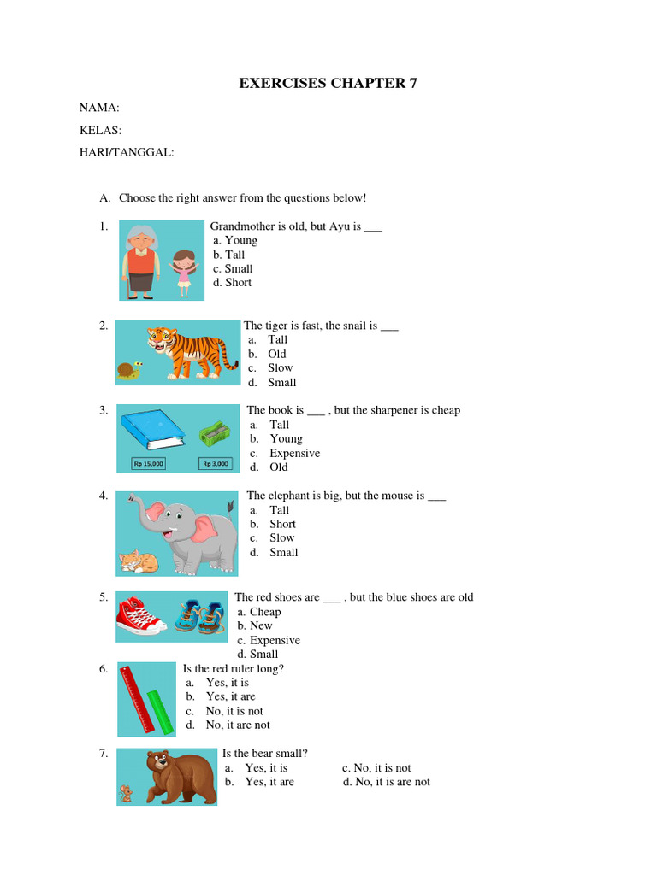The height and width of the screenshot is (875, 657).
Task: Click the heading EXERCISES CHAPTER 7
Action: [328, 84]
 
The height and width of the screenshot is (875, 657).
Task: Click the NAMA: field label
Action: [99, 108]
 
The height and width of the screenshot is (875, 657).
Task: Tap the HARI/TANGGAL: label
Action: [127, 152]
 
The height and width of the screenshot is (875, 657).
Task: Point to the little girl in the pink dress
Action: [183, 272]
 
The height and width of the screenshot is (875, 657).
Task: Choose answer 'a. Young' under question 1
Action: [235, 240]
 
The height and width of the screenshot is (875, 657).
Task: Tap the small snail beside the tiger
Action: [128, 371]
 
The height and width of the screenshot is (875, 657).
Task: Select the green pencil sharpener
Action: [214, 433]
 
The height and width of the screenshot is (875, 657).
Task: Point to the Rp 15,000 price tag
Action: [148, 464]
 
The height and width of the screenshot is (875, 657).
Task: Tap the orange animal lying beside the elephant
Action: [138, 561]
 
